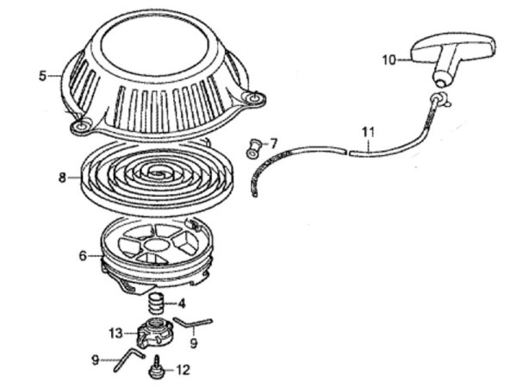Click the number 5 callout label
click(x=43, y=76)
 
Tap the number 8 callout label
click(x=62, y=178)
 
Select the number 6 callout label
click(x=82, y=255)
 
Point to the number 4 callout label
click(x=181, y=303)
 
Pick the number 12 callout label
click(x=183, y=371)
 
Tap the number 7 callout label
click(x=273, y=142)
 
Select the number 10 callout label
click(x=389, y=59)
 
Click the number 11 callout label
click(x=368, y=132)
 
